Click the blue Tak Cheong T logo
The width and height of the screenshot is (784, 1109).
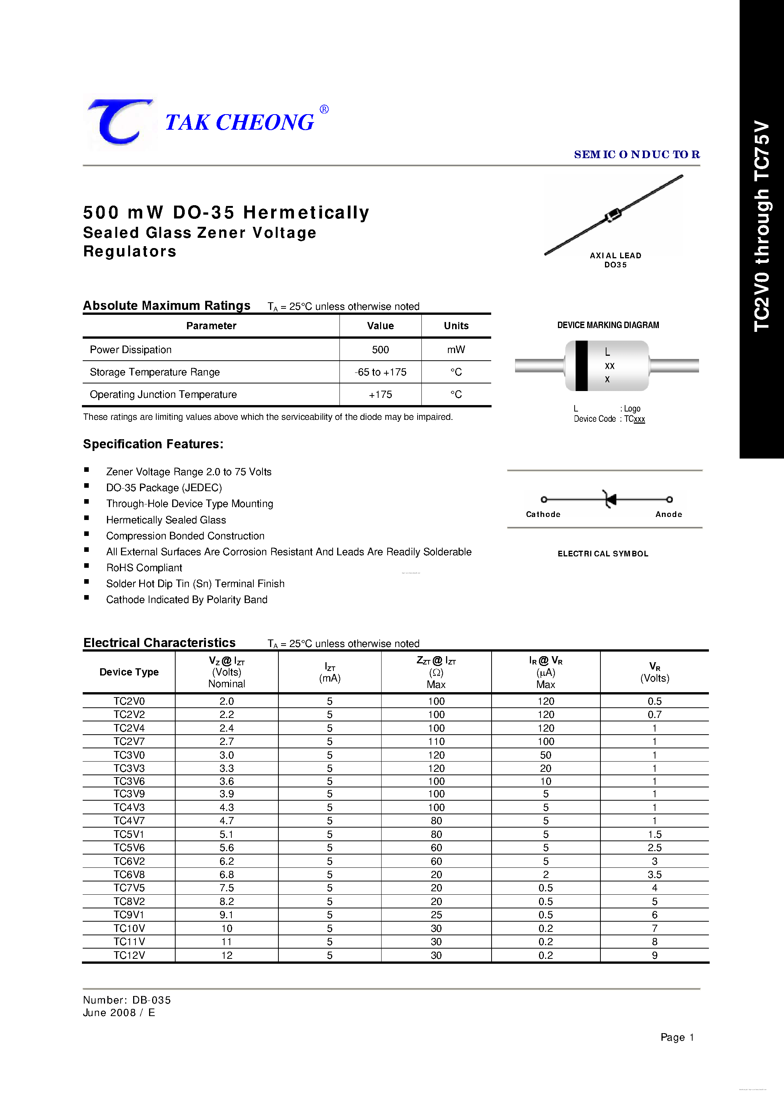pos(120,122)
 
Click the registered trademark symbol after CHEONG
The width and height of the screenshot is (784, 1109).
pos(324,110)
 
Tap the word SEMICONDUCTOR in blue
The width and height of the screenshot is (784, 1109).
pos(636,155)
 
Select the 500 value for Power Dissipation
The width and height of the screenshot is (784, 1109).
pos(380,350)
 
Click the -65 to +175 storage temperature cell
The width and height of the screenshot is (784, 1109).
pos(380,372)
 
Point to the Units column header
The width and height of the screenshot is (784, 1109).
pos(456,325)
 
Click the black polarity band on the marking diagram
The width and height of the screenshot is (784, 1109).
pos(581,366)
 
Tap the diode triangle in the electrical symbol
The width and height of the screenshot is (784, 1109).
pos(611,500)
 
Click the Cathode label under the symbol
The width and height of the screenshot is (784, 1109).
pos(543,514)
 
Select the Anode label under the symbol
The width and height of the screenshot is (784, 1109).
pos(669,514)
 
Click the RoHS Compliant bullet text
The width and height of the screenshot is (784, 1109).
pos(144,567)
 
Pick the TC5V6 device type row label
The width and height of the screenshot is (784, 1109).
pos(129,848)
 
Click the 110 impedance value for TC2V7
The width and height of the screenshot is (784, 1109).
pos(436,741)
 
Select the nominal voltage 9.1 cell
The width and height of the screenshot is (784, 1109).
pos(226,915)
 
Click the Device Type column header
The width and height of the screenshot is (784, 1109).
pos(129,672)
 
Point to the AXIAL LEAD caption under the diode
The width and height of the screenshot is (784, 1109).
pos(616,256)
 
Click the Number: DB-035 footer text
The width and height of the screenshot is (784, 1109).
pos(127,1000)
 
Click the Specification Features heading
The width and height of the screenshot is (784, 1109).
pos(153,444)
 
